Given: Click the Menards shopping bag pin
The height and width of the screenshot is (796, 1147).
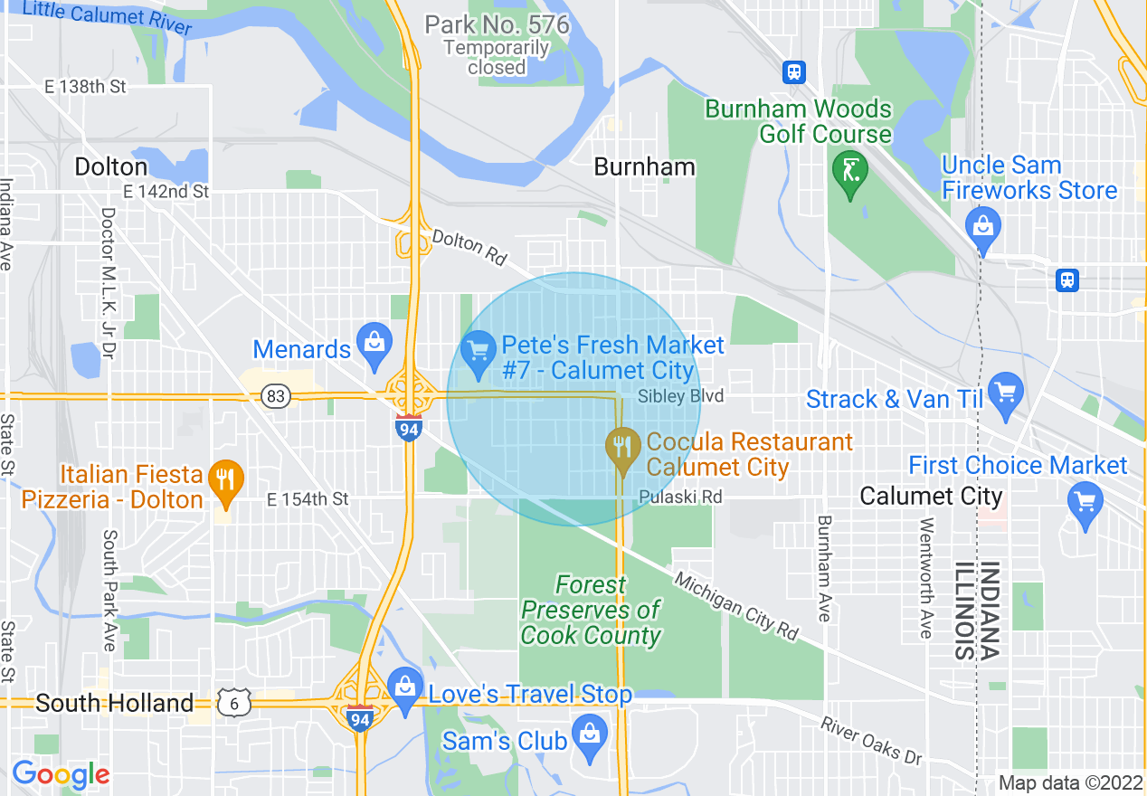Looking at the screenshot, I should [x=373, y=343].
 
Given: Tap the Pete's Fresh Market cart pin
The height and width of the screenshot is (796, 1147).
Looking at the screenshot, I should [x=477, y=350].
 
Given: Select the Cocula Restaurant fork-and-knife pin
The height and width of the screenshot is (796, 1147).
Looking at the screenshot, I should [x=621, y=447].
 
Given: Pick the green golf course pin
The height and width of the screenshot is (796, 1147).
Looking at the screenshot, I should [x=850, y=171].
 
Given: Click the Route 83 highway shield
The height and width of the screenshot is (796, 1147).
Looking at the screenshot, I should [x=276, y=396].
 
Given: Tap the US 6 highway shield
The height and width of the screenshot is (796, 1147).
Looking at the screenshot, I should [x=234, y=703].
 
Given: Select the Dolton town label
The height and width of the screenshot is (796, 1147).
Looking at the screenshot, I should [x=110, y=167].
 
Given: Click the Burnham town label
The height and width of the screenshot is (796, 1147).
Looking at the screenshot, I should [x=644, y=167].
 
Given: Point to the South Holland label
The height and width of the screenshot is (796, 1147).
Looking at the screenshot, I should [x=114, y=703].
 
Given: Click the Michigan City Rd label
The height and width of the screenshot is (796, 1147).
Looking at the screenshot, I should [x=736, y=607].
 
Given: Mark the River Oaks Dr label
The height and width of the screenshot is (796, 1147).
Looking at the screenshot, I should [x=871, y=739].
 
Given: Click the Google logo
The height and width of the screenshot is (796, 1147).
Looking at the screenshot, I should [x=60, y=774].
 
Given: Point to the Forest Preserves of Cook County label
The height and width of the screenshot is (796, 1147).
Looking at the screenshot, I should [x=591, y=611].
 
